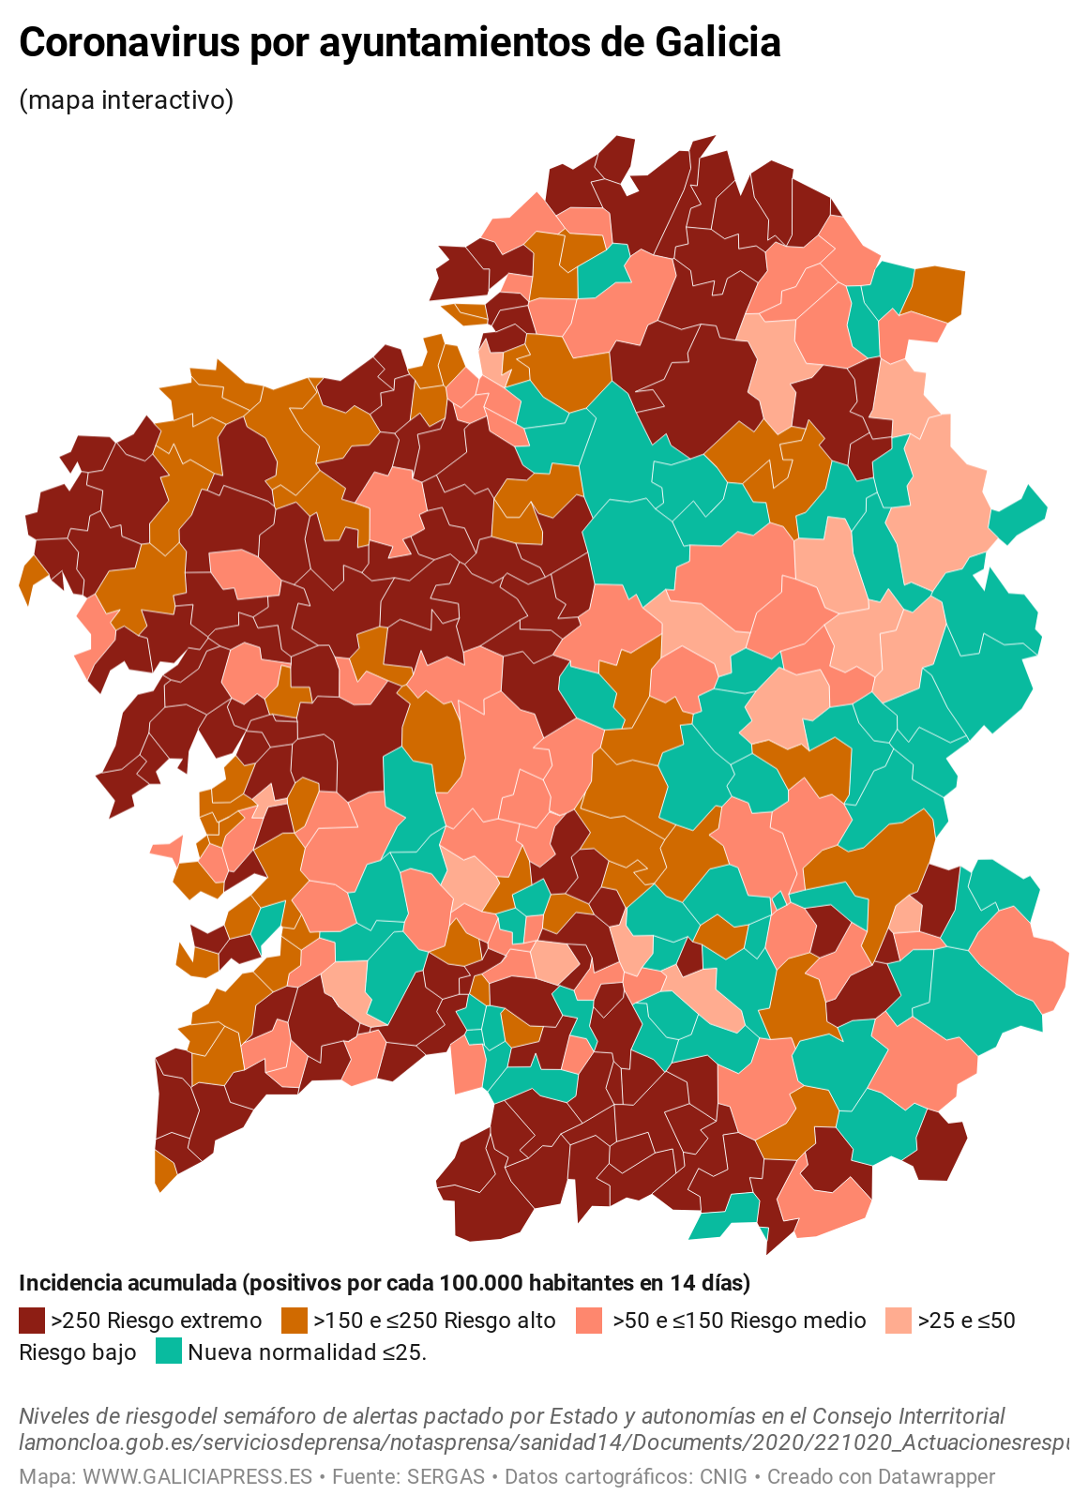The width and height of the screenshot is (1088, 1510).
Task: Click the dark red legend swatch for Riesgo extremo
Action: point(32,1321)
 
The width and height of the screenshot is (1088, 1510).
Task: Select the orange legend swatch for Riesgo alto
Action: point(295,1321)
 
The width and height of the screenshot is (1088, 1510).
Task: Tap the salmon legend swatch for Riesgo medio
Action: point(589,1321)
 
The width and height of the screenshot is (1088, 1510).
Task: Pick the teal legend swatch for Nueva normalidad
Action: point(169,1351)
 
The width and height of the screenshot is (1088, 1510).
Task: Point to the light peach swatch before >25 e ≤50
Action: point(898,1321)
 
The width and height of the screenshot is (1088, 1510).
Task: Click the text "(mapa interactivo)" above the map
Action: point(126,99)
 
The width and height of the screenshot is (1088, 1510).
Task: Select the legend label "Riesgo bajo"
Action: point(78,1352)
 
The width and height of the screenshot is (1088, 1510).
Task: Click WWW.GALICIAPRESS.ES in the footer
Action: point(197,1476)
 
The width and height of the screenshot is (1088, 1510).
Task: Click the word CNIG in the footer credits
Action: point(723,1476)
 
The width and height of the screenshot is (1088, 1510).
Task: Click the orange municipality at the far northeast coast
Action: point(938,293)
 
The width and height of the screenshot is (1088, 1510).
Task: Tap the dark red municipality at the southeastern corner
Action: point(939,1146)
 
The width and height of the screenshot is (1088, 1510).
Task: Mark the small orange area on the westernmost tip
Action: point(31,575)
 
